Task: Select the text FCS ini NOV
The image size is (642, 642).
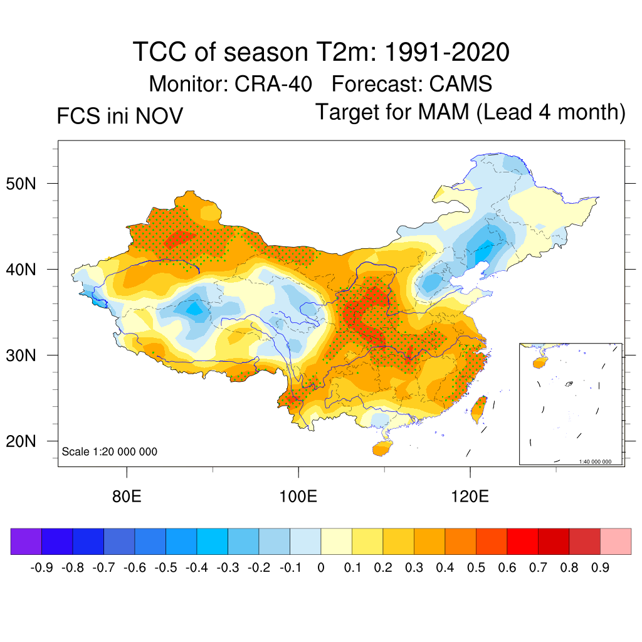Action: coord(120,116)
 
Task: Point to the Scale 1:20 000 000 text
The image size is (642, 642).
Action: coord(110,451)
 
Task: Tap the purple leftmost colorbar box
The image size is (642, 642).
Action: coord(26,542)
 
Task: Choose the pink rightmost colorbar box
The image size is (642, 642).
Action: coord(616,542)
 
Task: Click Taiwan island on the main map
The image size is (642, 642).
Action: coord(479,409)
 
